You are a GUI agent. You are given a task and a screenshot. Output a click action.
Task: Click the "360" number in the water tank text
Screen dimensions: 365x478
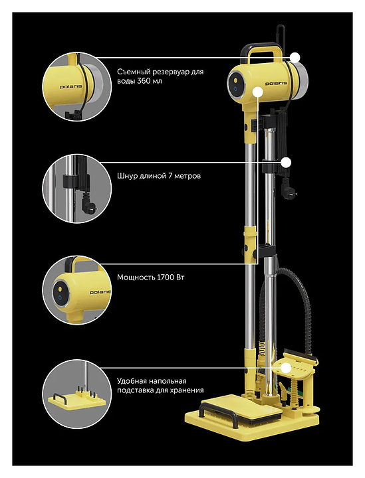[x=144, y=81]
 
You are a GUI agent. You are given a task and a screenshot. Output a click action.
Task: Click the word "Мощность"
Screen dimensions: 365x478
[x=136, y=278]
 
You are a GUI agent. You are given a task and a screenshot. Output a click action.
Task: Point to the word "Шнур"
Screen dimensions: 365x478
[x=127, y=176]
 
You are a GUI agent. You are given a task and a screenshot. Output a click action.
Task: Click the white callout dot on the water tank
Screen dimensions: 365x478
[x=295, y=58]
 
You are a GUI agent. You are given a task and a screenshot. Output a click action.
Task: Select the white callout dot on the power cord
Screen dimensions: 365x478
[x=286, y=163]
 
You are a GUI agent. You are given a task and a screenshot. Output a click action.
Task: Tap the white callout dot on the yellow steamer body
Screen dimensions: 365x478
[x=258, y=92]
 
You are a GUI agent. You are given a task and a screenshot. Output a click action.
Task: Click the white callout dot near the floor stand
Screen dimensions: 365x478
[x=286, y=368]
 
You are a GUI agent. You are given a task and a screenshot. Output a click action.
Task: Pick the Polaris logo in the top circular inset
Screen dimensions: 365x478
[x=70, y=86]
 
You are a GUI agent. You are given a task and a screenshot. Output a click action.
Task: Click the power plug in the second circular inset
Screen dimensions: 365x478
[x=89, y=205]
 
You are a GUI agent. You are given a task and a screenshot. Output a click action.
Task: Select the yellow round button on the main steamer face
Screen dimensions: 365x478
[x=235, y=81]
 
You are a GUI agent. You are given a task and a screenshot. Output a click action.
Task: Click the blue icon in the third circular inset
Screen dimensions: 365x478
[x=60, y=297]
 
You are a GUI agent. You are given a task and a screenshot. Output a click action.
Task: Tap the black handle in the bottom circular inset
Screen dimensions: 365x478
[x=62, y=396]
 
